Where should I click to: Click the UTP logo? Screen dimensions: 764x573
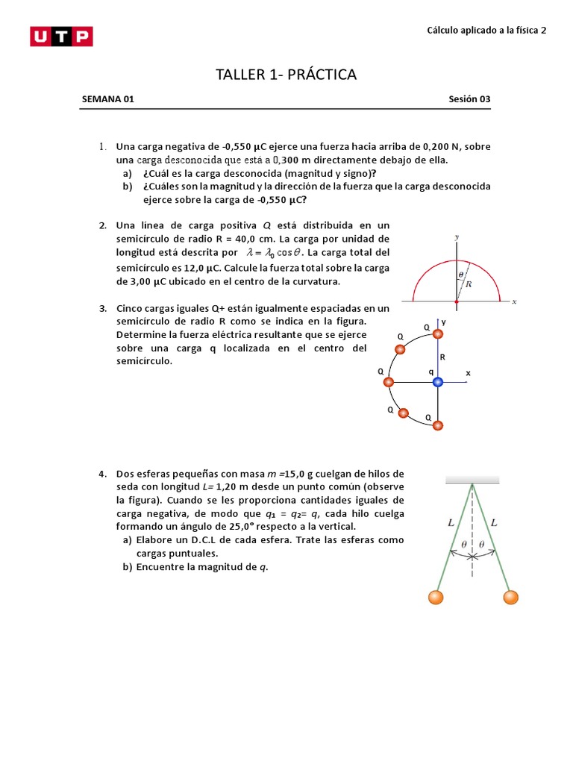click(61, 37)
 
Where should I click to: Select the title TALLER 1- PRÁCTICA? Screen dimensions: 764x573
click(286, 75)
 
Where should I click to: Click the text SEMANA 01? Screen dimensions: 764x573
click(107, 99)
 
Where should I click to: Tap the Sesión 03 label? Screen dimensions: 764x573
click(469, 99)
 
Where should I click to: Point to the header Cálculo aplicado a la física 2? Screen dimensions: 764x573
click(486, 31)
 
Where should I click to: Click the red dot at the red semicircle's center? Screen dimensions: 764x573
click(457, 301)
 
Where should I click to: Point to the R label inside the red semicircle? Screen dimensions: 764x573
click(468, 284)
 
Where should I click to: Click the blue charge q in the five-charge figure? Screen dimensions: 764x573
click(438, 382)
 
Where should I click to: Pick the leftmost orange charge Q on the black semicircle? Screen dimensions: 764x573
click(388, 382)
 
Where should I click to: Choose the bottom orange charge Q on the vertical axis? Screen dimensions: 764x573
click(438, 425)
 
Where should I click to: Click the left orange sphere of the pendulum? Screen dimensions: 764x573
click(435, 597)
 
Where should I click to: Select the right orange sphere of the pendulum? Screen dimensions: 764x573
click(510, 597)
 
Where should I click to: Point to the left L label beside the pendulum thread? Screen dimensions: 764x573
click(451, 524)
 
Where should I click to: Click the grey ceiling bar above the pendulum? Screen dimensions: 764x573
click(472, 479)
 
